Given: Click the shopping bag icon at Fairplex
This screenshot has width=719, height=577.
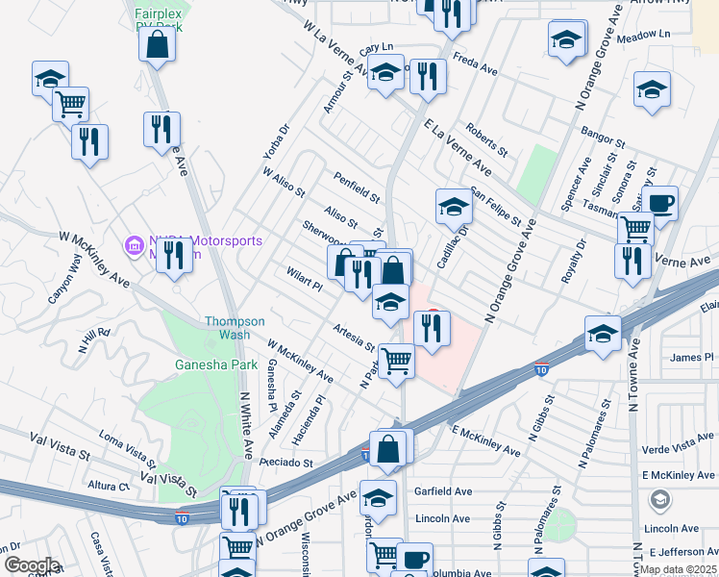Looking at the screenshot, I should tap(157, 43).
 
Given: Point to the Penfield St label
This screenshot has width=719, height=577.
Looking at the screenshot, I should tap(358, 187).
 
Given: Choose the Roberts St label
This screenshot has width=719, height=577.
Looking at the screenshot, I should tap(486, 138).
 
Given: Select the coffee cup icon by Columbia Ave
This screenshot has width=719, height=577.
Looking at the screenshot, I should tap(414, 559).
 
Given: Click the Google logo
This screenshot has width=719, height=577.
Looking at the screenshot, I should tap(31, 564).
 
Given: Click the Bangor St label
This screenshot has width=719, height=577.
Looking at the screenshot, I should tap(602, 133).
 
